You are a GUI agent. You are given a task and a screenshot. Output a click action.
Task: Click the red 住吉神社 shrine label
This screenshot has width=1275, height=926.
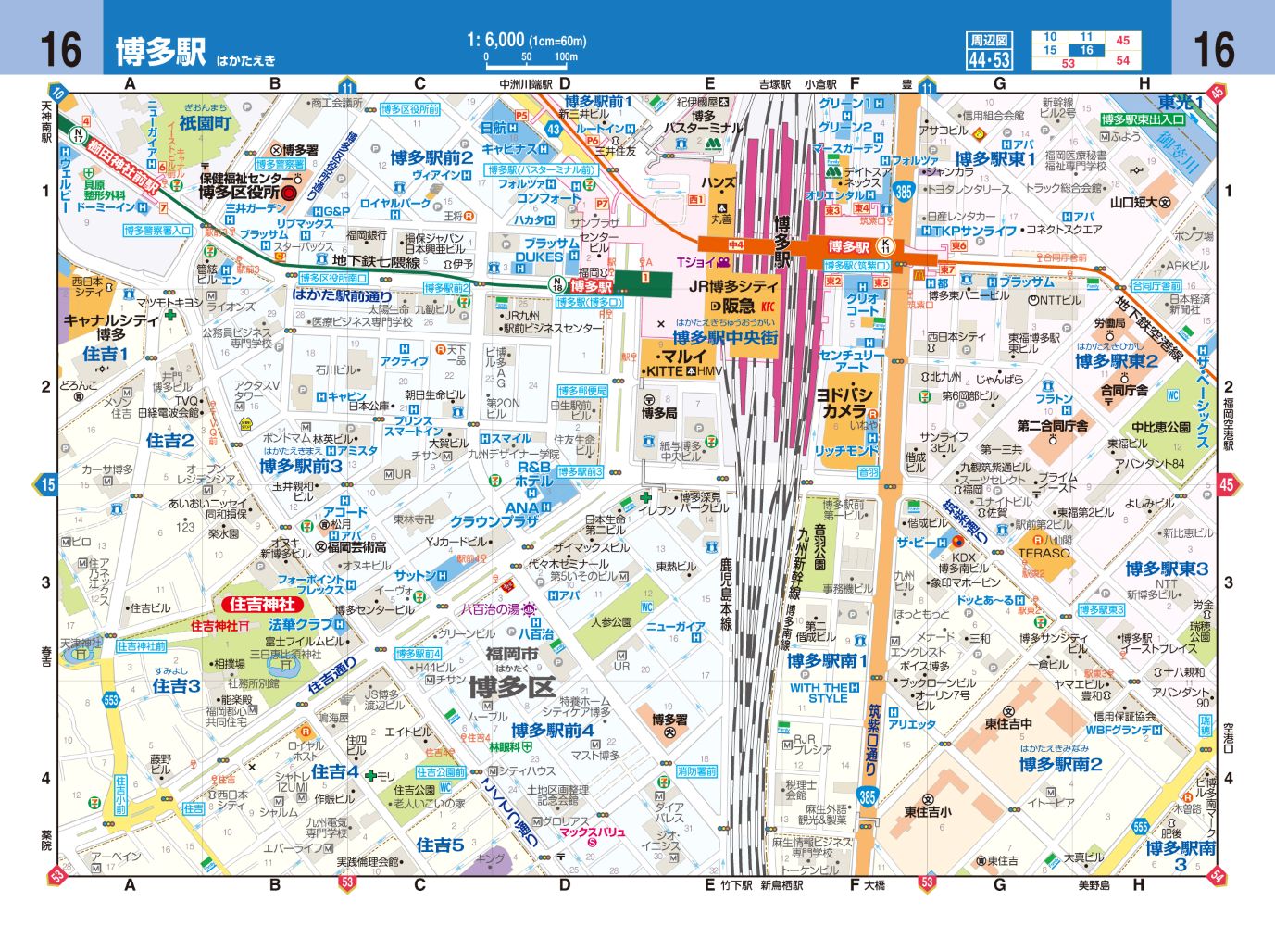(x=262, y=605)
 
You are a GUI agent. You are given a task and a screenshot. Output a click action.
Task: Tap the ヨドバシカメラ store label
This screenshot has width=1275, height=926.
(x=844, y=402)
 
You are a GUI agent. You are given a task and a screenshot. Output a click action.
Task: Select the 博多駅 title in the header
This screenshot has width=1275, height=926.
(x=160, y=51)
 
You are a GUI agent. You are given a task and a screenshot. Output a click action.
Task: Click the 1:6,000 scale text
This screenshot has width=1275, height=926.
(x=526, y=40)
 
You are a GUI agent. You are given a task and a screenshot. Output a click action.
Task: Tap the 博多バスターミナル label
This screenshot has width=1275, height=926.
(x=704, y=122)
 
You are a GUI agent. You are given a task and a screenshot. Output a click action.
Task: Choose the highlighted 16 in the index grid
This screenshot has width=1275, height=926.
(x=1086, y=50)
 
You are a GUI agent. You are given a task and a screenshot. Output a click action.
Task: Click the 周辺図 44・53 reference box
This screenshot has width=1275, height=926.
(x=989, y=52)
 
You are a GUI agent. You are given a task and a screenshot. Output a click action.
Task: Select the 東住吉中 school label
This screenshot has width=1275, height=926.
(x=1007, y=723)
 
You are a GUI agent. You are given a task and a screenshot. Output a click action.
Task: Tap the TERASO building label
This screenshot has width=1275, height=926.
(x=1044, y=553)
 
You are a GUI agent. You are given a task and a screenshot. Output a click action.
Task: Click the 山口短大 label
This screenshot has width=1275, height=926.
(x=1140, y=202)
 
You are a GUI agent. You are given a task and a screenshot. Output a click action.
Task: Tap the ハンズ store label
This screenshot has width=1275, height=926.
(x=719, y=183)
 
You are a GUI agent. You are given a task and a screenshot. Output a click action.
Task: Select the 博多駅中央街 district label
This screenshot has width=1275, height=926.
(x=725, y=338)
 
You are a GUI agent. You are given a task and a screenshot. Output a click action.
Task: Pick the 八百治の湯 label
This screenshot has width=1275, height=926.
(x=492, y=609)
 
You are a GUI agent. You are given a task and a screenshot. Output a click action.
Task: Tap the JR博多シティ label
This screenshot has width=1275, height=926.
(x=733, y=287)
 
